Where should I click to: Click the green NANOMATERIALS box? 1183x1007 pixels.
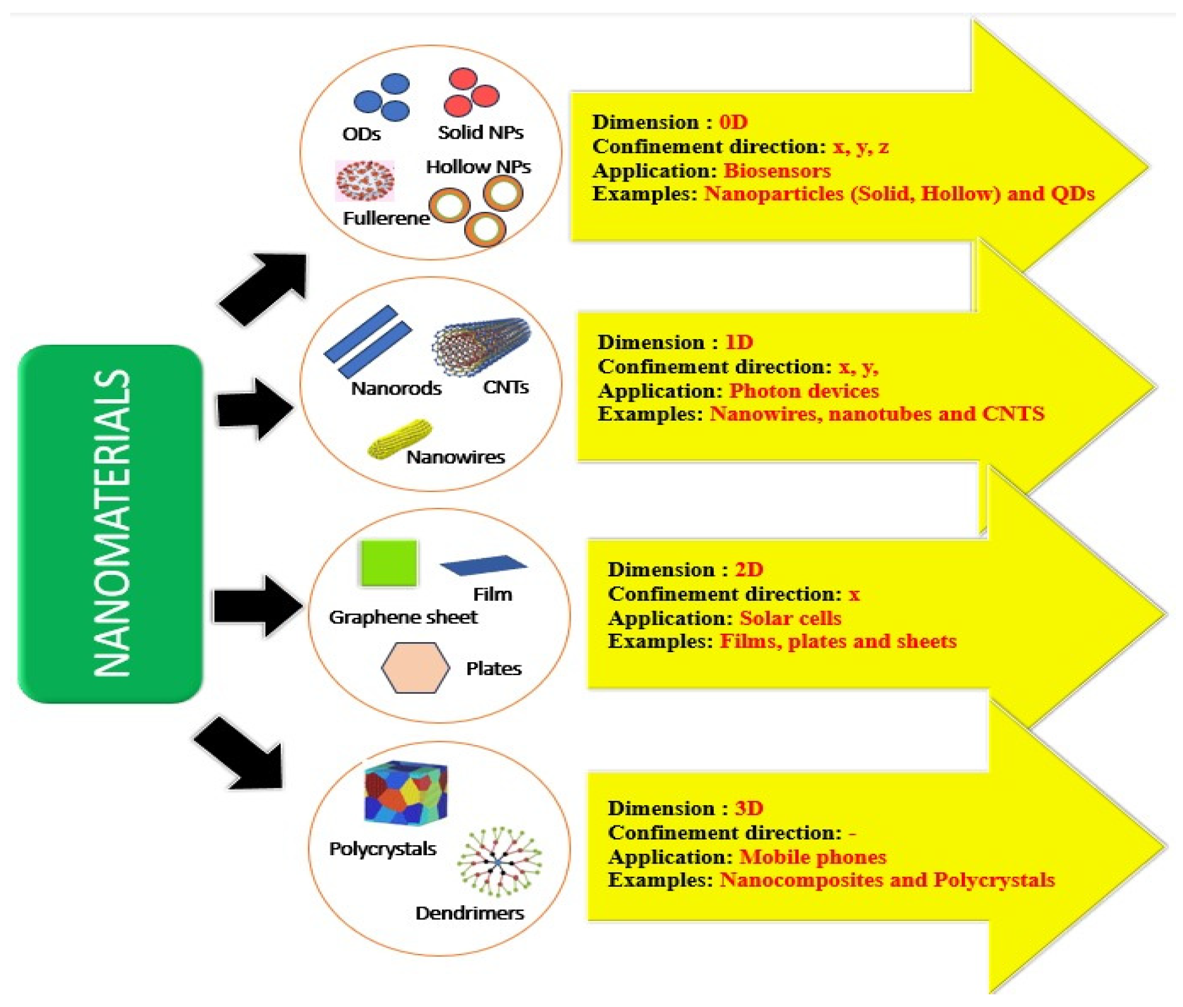(110, 524)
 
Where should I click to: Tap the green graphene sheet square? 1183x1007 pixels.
(388, 562)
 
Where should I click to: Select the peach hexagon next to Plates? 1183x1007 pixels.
(415, 668)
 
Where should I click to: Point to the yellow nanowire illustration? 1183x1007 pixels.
(400, 438)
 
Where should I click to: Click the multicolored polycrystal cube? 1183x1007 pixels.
(406, 793)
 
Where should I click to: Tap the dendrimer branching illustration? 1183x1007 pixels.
(500, 862)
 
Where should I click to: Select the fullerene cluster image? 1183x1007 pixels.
(365, 181)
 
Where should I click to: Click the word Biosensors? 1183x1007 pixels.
(776, 171)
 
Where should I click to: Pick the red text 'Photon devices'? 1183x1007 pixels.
(804, 391)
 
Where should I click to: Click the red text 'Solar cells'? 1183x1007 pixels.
(790, 618)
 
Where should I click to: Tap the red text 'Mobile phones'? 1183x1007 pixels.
(812, 857)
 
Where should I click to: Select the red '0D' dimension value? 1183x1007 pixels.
(733, 122)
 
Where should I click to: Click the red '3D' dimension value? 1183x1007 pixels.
(749, 808)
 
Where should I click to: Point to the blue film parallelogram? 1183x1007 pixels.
(484, 565)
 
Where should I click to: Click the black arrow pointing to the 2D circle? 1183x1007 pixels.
(256, 606)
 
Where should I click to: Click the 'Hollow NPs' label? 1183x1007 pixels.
(478, 167)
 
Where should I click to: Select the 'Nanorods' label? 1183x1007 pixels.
(396, 388)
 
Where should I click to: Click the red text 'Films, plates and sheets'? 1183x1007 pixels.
(838, 641)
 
